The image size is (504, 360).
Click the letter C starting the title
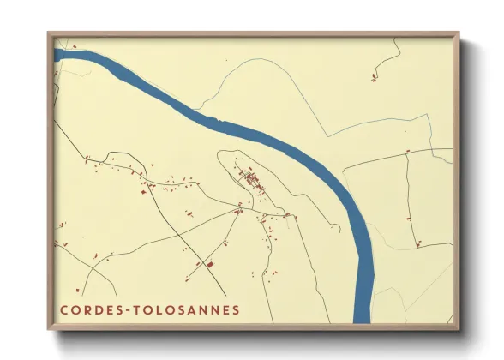[x=63, y=309]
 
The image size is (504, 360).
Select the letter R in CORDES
[x=85, y=309]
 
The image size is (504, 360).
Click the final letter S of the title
[x=237, y=309]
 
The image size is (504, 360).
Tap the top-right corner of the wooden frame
[x=459, y=33]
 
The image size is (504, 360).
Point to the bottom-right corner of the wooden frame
[x=459, y=330]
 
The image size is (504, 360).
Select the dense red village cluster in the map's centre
[x=251, y=179]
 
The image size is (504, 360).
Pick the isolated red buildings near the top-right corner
[x=375, y=79]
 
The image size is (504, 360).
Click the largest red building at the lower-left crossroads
[x=208, y=265]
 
